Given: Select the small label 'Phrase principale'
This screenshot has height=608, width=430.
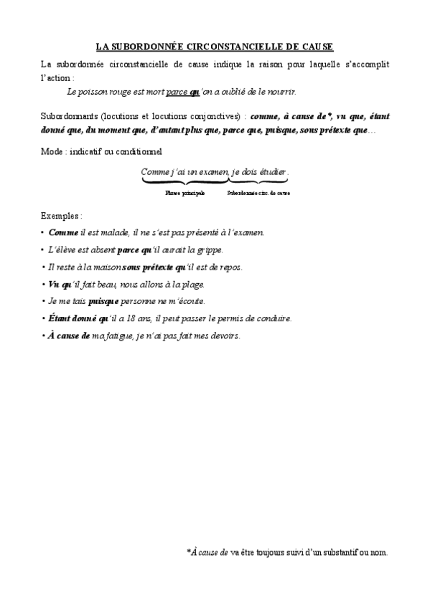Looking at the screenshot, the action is click(184, 193).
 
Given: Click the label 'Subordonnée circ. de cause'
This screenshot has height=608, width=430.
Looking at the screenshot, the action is click(258, 193).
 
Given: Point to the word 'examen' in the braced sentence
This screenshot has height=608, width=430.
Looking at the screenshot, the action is click(213, 172).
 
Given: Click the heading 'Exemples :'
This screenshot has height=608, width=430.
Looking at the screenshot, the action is click(61, 215).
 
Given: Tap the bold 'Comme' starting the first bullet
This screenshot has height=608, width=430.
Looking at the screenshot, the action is click(63, 232).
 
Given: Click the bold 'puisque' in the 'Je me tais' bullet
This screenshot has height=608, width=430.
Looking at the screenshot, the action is click(103, 301).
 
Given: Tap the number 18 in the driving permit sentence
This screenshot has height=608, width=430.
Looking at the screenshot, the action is click(143, 318).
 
